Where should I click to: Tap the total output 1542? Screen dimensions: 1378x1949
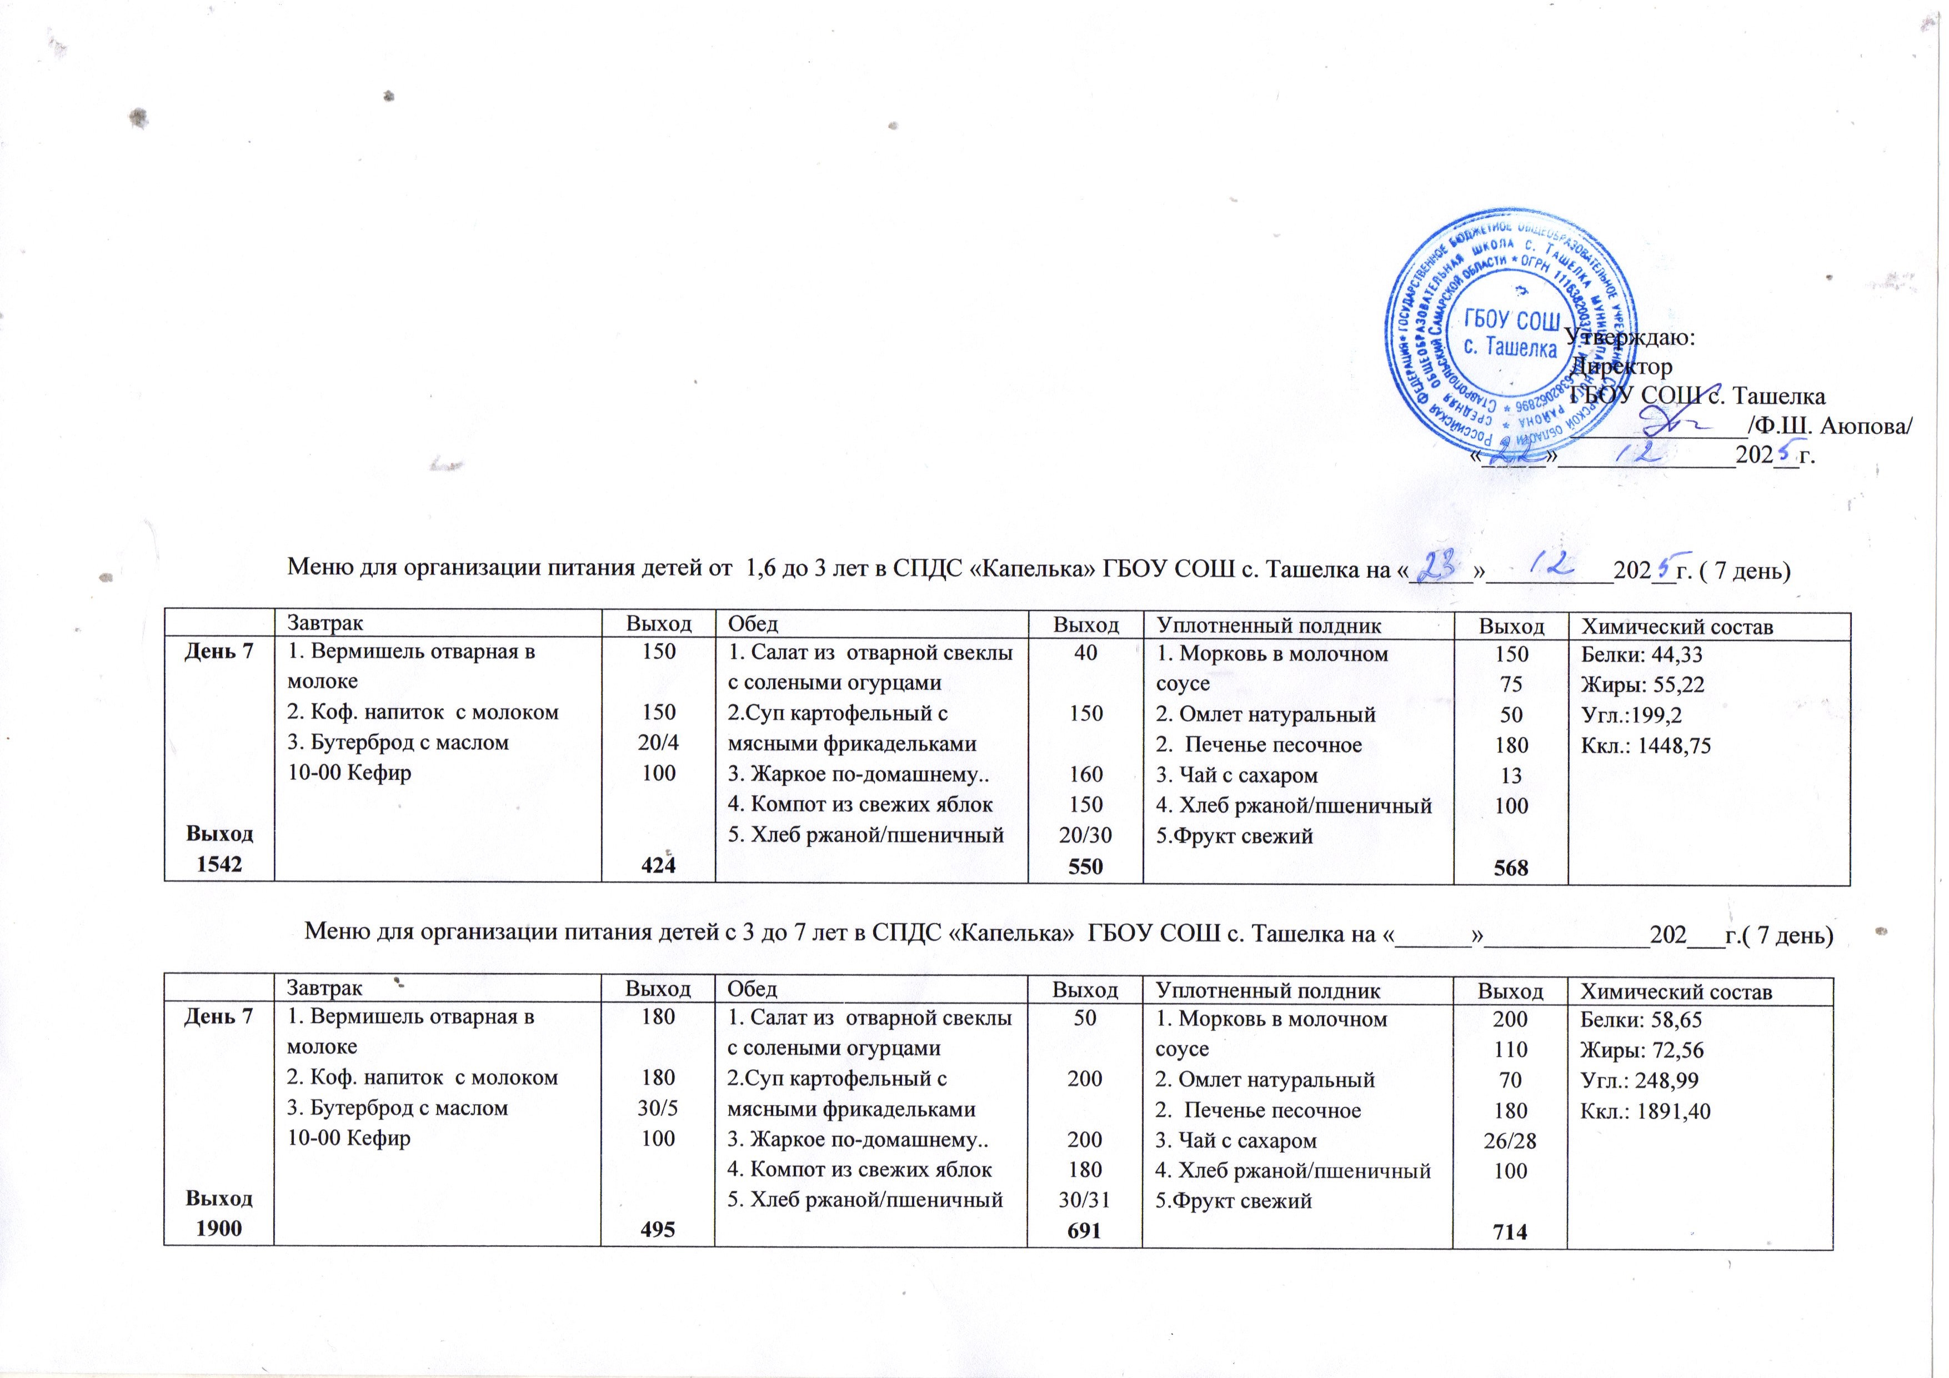pyautogui.click(x=219, y=864)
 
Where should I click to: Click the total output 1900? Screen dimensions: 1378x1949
pyautogui.click(x=218, y=1227)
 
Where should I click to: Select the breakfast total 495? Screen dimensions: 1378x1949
pyautogui.click(x=658, y=1229)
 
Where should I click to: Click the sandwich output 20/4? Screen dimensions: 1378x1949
pyautogui.click(x=659, y=743)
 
